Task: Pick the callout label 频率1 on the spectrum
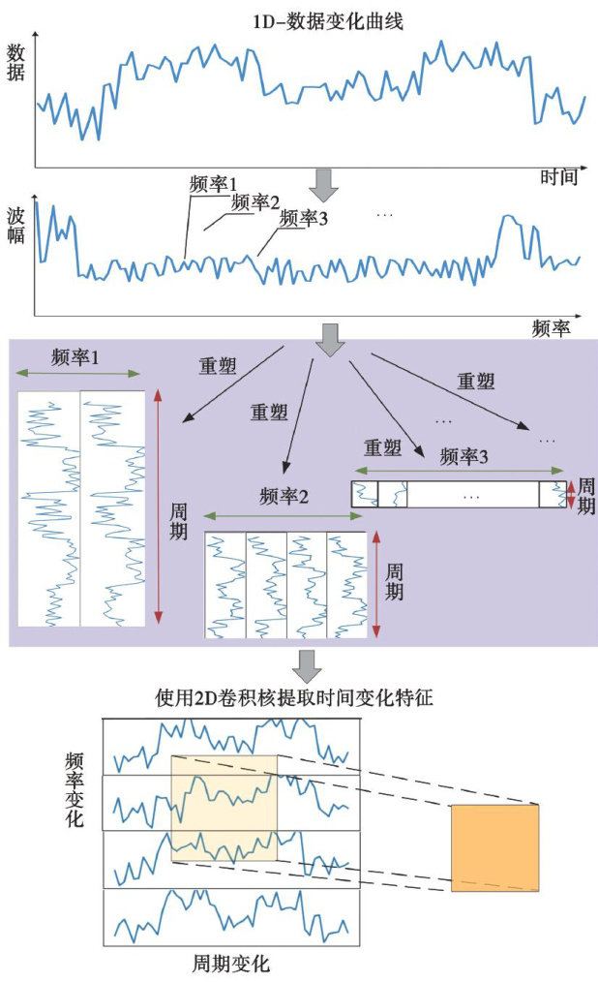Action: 214,182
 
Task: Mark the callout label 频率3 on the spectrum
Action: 303,218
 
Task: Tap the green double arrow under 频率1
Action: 79,375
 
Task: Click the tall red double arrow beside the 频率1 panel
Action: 159,509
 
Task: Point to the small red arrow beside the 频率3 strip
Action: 571,493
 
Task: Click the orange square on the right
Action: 494,846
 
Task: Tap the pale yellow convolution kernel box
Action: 224,810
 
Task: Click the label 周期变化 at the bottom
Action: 231,964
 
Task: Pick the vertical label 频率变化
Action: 74,789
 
